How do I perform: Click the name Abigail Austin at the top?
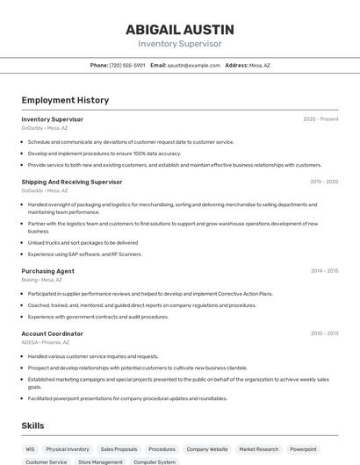click(x=179, y=29)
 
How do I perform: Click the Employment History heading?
click(x=65, y=100)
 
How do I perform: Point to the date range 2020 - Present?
click(x=320, y=118)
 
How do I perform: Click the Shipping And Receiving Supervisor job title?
click(x=72, y=182)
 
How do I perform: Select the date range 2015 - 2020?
click(x=324, y=182)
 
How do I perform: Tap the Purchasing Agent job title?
click(x=48, y=271)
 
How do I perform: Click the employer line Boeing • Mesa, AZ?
click(x=42, y=280)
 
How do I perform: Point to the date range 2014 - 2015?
click(x=324, y=271)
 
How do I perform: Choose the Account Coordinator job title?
click(x=53, y=333)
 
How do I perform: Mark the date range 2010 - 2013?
click(x=324, y=333)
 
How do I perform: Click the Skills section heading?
click(x=32, y=426)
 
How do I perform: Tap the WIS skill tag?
click(x=30, y=449)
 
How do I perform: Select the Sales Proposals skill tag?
click(x=119, y=449)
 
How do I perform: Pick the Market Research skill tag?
click(x=258, y=449)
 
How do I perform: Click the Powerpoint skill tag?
click(x=304, y=449)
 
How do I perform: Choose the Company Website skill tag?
click(x=207, y=449)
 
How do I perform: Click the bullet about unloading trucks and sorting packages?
click(x=83, y=242)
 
